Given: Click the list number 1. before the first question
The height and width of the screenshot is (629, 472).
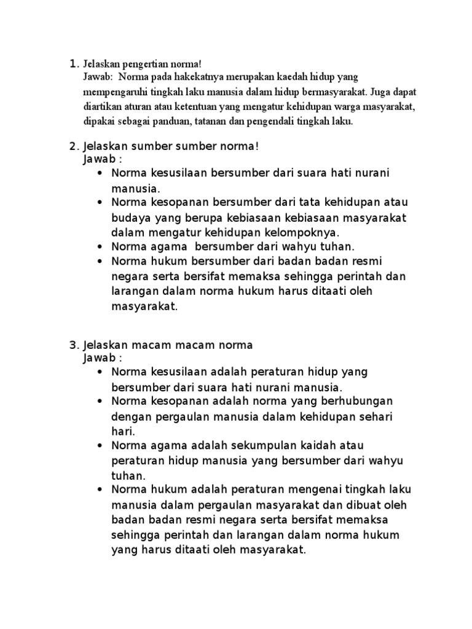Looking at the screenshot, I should click(x=74, y=63).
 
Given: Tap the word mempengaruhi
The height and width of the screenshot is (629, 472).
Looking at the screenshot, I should click(x=114, y=92).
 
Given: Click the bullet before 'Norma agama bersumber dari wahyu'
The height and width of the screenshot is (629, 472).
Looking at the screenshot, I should click(x=100, y=247).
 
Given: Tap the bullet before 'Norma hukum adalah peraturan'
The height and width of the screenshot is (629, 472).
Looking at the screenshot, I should click(x=100, y=490).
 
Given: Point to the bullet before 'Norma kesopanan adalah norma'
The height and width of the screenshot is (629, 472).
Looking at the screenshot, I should click(x=100, y=402).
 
